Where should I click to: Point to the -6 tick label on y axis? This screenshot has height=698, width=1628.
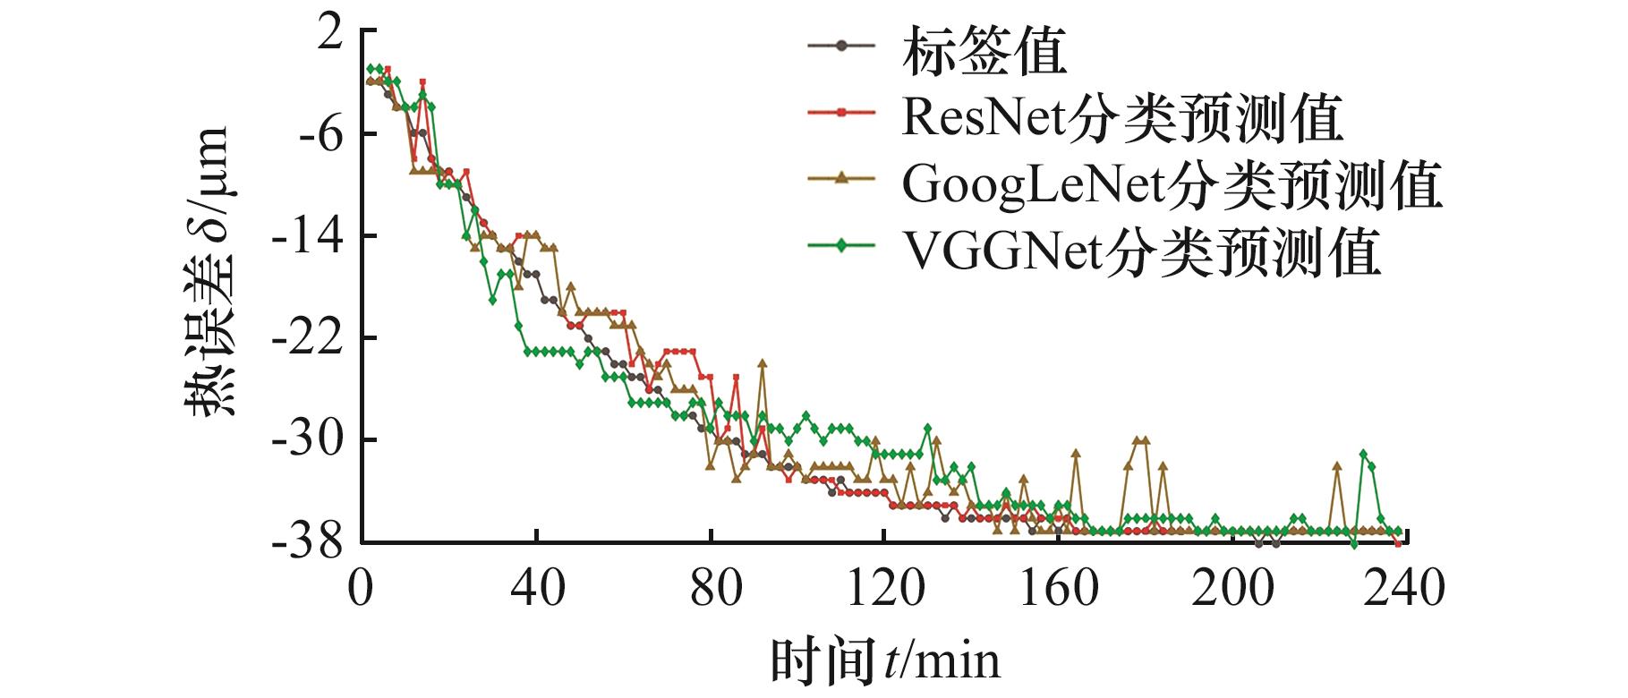(x=320, y=134)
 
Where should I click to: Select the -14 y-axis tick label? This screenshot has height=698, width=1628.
(x=310, y=236)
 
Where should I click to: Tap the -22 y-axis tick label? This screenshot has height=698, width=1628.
(x=310, y=338)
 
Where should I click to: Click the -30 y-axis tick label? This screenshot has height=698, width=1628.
(x=310, y=440)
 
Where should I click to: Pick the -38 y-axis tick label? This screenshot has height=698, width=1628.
(x=310, y=542)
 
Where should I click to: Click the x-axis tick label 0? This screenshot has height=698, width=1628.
(x=362, y=590)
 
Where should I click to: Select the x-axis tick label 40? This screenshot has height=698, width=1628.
(x=536, y=590)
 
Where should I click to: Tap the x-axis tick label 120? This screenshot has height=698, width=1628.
(x=885, y=590)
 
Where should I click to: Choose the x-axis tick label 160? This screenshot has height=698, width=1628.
(x=1059, y=590)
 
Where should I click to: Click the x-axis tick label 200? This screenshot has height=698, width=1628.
(x=1233, y=590)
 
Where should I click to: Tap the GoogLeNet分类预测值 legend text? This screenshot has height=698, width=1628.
(x=1172, y=184)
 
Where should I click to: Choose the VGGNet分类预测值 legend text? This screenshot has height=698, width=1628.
(x=1140, y=251)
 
